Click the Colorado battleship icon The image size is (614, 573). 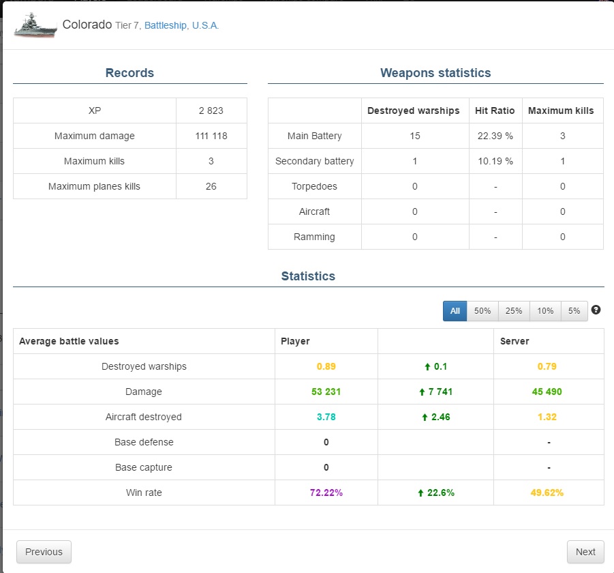35,25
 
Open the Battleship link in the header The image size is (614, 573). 165,25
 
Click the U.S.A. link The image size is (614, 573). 205,25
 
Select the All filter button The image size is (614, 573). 455,311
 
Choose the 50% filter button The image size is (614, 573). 482,311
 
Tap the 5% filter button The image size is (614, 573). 574,311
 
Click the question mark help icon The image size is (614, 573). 596,310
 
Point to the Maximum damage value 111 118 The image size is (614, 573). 211,136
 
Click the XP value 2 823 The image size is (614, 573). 211,111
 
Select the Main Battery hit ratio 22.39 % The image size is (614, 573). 495,136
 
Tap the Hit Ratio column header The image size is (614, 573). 495,111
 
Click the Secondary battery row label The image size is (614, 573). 314,161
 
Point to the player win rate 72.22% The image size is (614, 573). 326,493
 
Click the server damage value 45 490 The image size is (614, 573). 547,392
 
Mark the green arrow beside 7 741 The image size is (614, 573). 422,392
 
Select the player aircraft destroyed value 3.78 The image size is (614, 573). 326,417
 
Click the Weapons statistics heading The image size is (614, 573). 435,73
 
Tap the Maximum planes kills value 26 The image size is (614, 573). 211,186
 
